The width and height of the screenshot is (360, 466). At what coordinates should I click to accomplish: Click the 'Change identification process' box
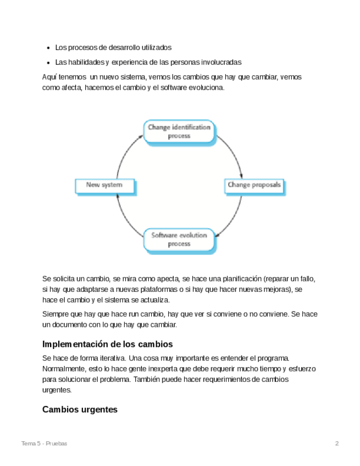click(x=179, y=132)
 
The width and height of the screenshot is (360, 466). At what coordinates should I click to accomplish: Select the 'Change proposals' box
click(x=254, y=185)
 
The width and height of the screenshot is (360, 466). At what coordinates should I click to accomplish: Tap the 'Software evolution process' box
click(x=179, y=240)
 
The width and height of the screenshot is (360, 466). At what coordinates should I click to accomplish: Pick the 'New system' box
click(x=104, y=185)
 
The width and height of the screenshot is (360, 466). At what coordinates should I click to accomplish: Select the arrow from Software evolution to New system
click(x=125, y=219)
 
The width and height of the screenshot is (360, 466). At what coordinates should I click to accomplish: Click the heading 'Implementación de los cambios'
click(x=108, y=345)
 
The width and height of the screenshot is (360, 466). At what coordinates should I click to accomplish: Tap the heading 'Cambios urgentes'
click(x=80, y=410)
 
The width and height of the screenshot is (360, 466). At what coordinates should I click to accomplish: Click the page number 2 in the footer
click(x=337, y=443)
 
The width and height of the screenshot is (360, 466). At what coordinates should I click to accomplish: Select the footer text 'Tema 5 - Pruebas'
click(x=44, y=443)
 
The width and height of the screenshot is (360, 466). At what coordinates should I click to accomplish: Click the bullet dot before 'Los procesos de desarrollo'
click(x=49, y=48)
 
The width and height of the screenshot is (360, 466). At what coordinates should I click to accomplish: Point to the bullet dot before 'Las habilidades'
click(x=49, y=62)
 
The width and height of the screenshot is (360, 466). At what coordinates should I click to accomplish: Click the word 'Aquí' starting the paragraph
click(x=49, y=77)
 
